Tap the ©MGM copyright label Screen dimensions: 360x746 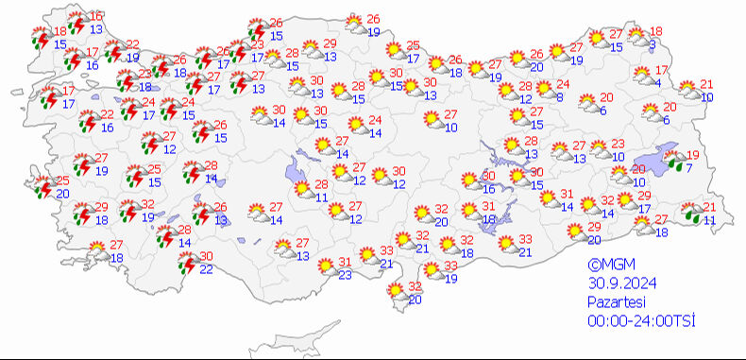point(607,266)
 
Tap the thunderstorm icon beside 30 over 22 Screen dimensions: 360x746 point(187,262)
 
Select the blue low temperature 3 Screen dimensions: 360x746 point(653,43)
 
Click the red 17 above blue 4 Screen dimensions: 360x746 point(662,71)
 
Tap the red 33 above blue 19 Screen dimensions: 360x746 point(450,266)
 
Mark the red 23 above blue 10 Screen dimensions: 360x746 point(619,145)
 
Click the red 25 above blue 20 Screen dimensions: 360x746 point(62,180)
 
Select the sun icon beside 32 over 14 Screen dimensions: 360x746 point(588,203)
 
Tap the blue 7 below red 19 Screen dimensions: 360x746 point(689,168)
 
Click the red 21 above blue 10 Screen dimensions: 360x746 point(707,85)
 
